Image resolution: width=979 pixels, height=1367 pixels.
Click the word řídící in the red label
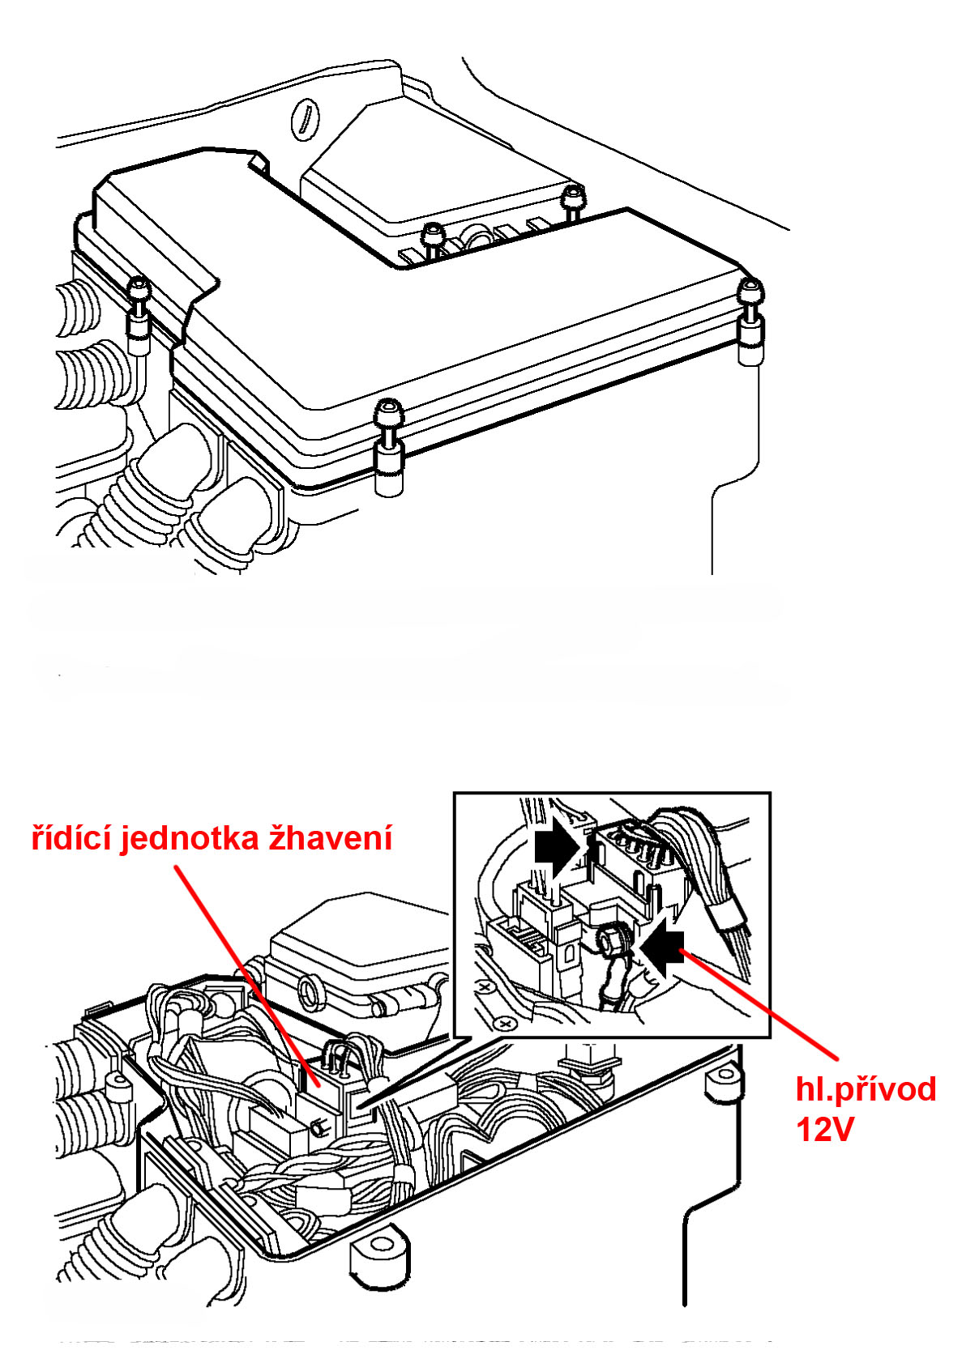72,838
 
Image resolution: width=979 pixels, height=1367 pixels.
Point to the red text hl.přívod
866,1089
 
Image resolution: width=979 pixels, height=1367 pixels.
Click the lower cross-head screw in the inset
506,1024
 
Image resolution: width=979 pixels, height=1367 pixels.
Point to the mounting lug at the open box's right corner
724,1080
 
